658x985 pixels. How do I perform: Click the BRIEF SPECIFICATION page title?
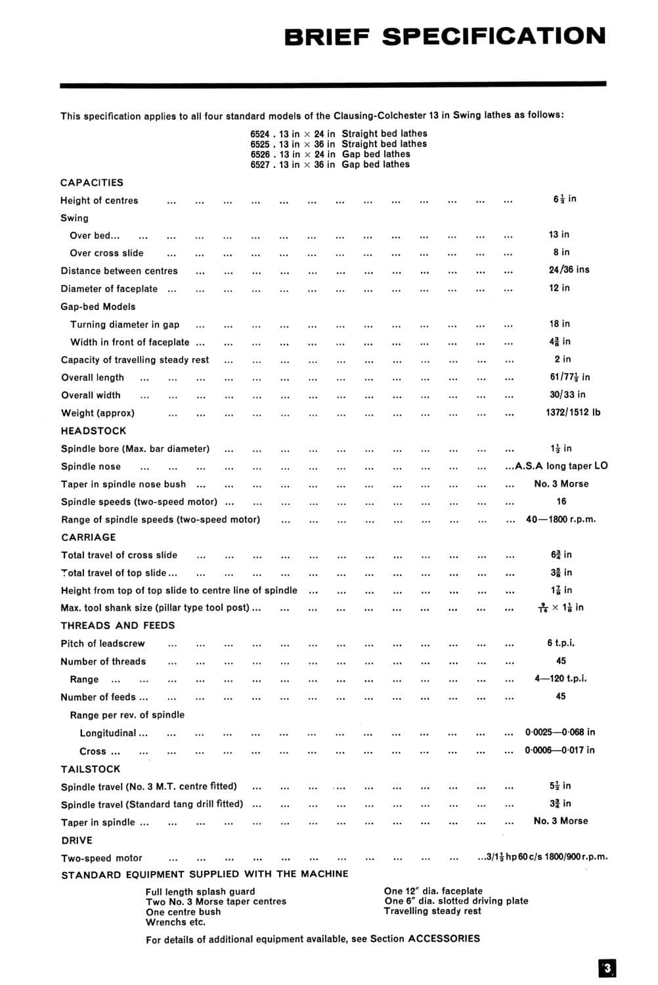(445, 36)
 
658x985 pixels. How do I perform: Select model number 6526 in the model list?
(259, 154)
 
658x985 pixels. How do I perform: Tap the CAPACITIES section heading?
(92, 183)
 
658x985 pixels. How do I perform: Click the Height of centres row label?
(99, 201)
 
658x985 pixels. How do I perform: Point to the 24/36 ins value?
(569, 270)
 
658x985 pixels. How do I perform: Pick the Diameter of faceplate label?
(109, 289)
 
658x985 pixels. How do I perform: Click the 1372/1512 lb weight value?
(573, 412)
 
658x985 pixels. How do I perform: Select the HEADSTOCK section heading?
(93, 431)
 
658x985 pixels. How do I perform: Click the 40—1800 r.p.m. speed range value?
(561, 519)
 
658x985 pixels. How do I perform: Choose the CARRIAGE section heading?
(88, 537)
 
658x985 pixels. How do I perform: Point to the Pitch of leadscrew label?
(102, 644)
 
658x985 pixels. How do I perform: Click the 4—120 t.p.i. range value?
(560, 678)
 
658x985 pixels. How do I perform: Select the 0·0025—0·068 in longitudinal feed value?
(559, 732)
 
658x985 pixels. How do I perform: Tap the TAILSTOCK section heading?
(91, 769)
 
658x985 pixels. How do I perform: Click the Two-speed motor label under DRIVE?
(102, 858)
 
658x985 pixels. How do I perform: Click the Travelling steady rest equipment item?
(432, 911)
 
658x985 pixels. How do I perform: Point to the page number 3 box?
(607, 968)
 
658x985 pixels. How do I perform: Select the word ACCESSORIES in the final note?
(444, 939)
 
